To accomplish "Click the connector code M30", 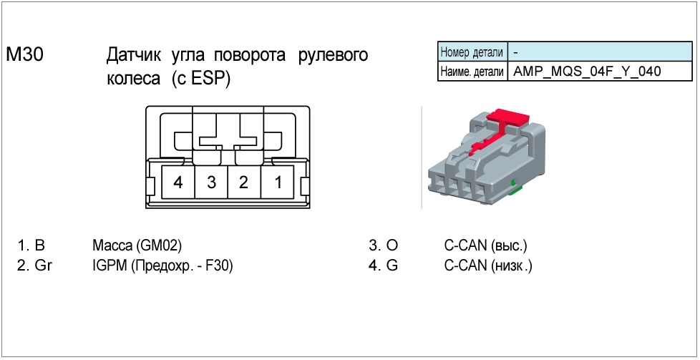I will pos(26,56).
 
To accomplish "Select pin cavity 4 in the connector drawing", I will pos(178,182).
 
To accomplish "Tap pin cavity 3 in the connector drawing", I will pos(211,182).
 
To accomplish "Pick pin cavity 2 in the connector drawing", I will pos(244,182).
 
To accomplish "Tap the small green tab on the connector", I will pos(514,188).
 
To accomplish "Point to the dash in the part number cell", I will pos(516,52).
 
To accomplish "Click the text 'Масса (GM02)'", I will pos(137,245).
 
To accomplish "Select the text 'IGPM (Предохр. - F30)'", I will pos(163,266).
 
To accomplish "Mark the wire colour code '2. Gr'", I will pos(36,266).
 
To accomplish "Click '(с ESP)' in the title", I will pos(201,79).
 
